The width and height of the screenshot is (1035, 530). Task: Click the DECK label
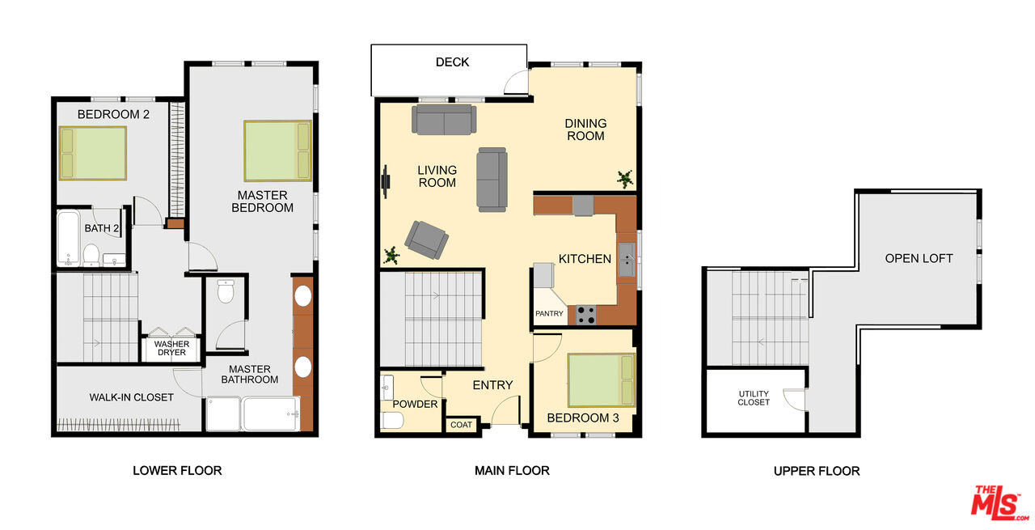point(452,62)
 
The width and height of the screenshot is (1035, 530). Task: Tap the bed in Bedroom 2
point(93,153)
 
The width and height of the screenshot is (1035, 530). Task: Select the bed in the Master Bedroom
point(278,151)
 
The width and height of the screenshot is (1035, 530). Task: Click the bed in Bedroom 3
point(602,379)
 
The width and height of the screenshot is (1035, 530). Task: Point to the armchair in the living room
point(426,240)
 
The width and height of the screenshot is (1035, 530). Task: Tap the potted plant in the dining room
point(625,178)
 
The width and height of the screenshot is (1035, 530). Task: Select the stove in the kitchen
point(586,314)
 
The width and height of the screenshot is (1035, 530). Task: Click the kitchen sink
point(627,260)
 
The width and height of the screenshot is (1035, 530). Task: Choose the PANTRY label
point(549,314)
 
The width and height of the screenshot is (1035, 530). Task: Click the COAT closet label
point(461,425)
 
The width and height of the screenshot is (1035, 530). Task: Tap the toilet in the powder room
point(391,420)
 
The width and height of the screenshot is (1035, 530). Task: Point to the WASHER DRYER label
point(171,348)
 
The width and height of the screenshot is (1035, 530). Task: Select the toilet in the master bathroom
point(226,290)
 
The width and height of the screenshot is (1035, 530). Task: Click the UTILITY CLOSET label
point(754,398)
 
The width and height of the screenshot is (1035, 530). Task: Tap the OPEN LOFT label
point(919,258)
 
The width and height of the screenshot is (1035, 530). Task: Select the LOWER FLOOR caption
point(177,470)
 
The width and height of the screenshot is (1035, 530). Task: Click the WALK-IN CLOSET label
point(131,397)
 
